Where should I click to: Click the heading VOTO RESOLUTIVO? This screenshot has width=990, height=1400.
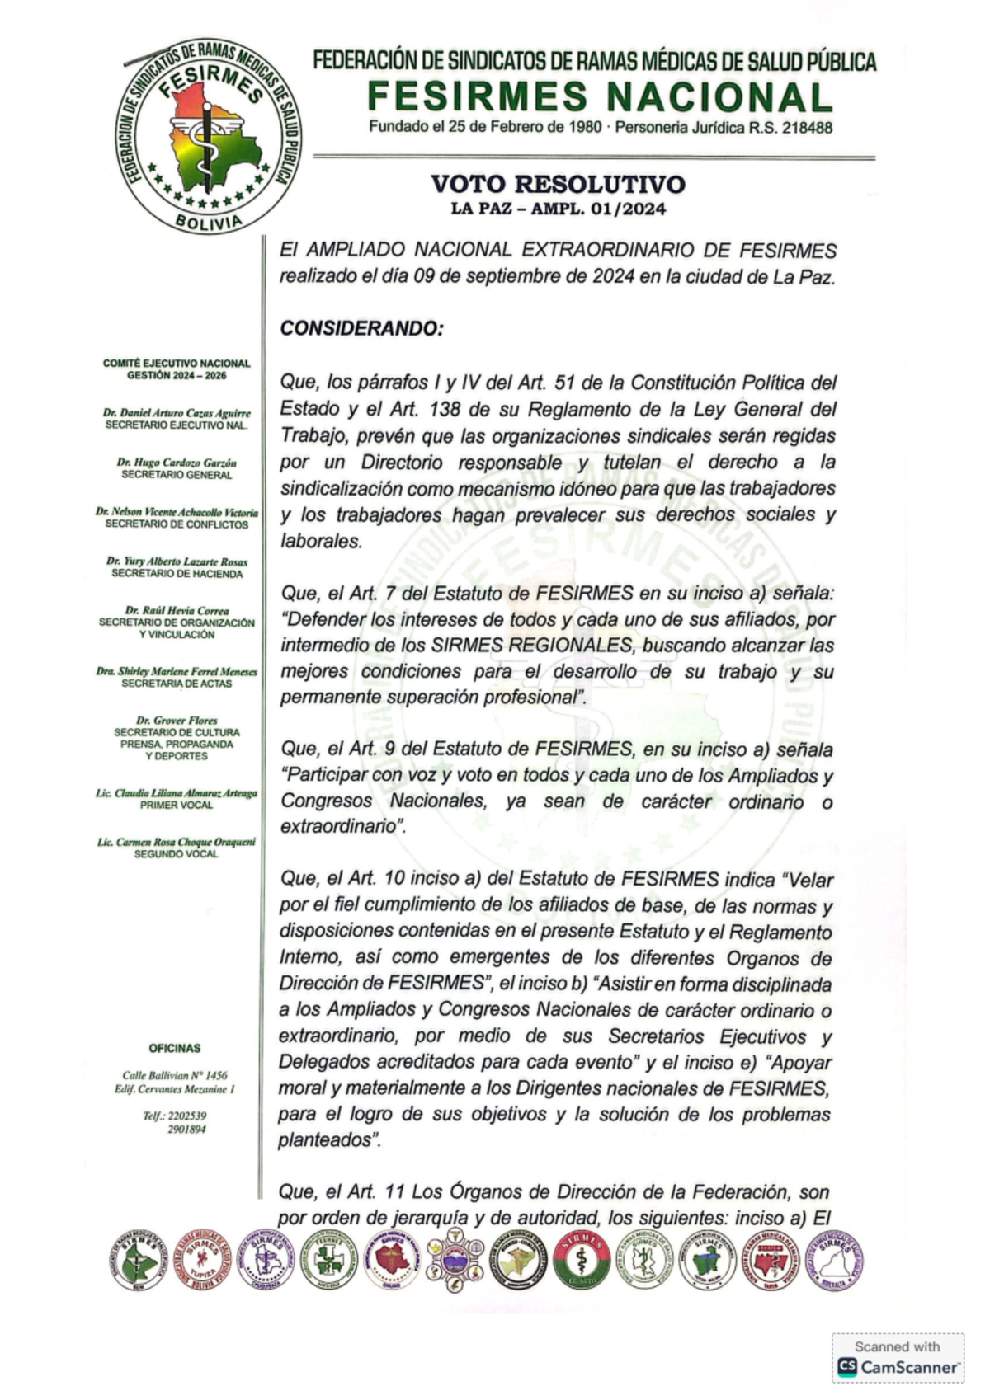558,183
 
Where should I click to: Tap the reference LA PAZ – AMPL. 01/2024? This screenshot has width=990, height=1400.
558,209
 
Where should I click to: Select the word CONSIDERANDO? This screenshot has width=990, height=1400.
361,328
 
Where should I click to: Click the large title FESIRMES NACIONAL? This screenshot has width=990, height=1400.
599,97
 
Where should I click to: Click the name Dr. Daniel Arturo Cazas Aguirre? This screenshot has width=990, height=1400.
177,412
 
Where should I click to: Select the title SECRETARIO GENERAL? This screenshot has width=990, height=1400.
177,475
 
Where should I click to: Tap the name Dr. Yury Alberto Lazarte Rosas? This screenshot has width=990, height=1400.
177,561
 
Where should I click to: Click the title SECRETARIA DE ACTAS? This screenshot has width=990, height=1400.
177,684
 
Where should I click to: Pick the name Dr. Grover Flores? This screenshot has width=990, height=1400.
177,720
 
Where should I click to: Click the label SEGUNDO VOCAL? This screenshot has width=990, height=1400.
177,854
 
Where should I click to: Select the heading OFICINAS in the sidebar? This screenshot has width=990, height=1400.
175,1048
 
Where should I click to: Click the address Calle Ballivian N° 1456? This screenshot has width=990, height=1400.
175,1075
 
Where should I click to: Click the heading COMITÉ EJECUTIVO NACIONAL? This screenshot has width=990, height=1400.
177,363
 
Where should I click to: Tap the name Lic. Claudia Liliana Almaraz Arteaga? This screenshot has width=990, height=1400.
177,792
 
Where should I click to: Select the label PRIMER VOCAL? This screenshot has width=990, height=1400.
177,805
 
